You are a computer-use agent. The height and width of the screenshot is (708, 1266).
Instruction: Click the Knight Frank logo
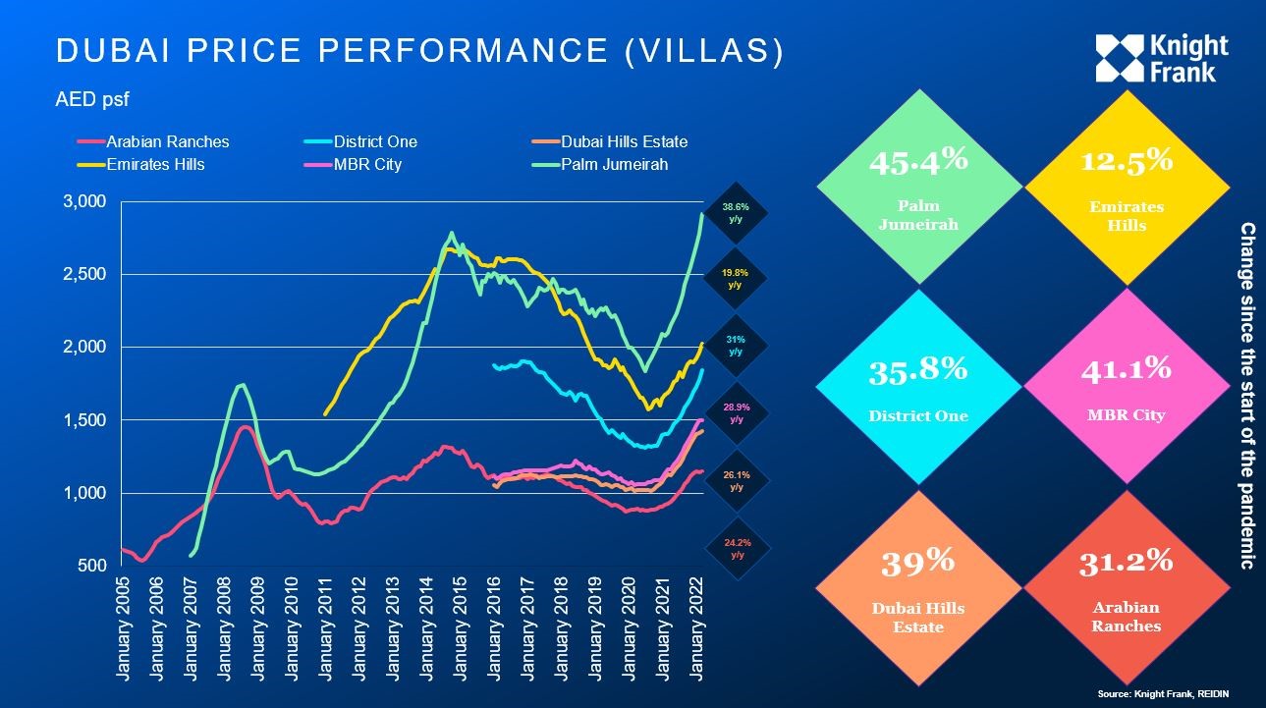[x=1162, y=59]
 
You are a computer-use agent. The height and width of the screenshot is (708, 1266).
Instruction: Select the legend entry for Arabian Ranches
[x=167, y=142]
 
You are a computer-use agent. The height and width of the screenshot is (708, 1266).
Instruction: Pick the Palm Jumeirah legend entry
[x=614, y=164]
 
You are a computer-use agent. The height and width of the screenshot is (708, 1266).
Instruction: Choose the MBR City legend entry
[x=367, y=164]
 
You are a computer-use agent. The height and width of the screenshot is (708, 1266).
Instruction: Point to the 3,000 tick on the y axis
[x=84, y=201]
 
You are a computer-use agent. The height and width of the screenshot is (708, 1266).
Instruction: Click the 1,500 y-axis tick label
[x=84, y=420]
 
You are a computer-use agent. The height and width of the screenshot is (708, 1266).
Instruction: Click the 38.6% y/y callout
[x=735, y=214]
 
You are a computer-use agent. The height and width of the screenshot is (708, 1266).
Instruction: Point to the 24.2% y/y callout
[x=737, y=548]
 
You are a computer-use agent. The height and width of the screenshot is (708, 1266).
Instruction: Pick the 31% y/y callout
[x=735, y=346]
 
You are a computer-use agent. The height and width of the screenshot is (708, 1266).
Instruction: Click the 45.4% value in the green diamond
[x=917, y=159]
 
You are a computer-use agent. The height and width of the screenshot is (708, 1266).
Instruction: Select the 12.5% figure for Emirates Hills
[x=1126, y=160]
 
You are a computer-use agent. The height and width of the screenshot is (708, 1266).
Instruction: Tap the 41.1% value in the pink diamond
[x=1126, y=368]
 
